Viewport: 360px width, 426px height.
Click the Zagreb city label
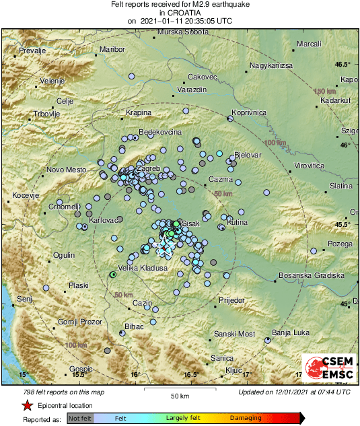coord(148,168)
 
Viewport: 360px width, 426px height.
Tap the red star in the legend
coord(27,406)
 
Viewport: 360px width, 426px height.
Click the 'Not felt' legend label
coord(80,419)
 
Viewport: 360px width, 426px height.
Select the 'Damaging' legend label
coord(246,419)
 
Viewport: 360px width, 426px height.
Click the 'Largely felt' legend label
coord(183,419)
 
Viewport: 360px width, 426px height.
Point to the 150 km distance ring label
coord(325,91)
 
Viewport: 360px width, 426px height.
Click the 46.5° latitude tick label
coord(343,65)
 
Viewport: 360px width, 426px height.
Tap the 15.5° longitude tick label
coord(80,374)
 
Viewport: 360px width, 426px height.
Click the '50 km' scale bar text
coord(178,395)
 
